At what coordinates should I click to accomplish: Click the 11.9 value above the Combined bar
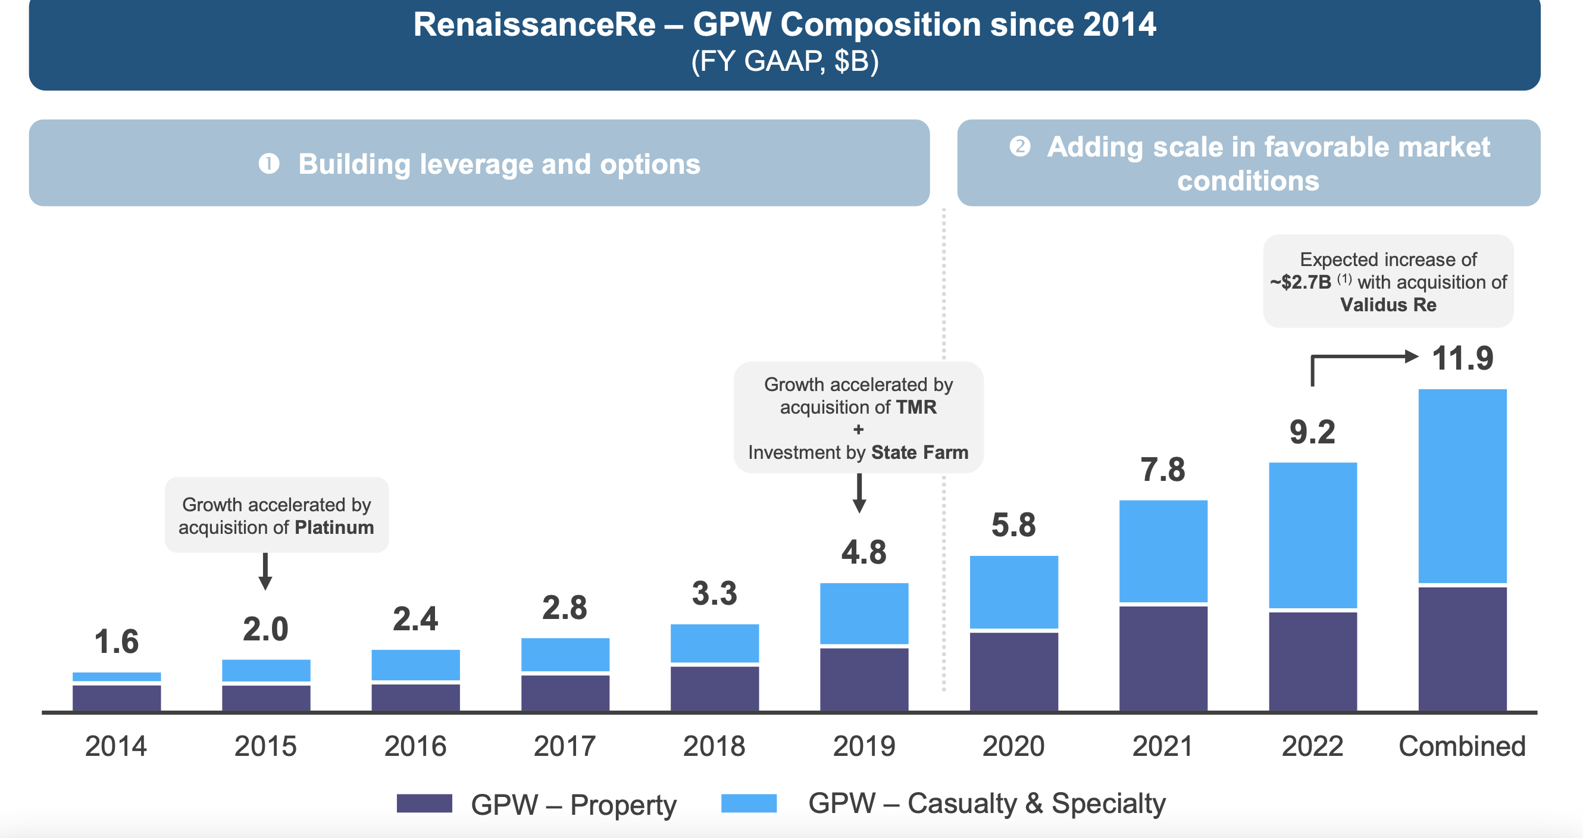pyautogui.click(x=1462, y=358)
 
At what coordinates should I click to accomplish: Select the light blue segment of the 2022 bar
pyautogui.click(x=1313, y=534)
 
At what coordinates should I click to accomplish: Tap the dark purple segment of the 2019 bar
pyautogui.click(x=864, y=679)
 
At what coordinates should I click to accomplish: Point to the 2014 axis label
pyautogui.click(x=115, y=746)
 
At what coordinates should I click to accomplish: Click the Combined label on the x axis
pyautogui.click(x=1462, y=746)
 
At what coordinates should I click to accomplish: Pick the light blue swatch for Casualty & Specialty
pyautogui.click(x=749, y=803)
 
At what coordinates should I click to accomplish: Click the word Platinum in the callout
pyautogui.click(x=334, y=527)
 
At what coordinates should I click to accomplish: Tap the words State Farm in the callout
pyautogui.click(x=919, y=452)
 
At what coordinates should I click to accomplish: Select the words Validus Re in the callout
pyautogui.click(x=1388, y=305)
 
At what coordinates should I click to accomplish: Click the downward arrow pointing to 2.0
pyautogui.click(x=265, y=571)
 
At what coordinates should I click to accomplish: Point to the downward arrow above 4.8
pyautogui.click(x=859, y=493)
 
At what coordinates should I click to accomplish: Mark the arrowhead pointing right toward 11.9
pyautogui.click(x=1411, y=356)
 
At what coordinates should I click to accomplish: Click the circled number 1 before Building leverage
pyautogui.click(x=269, y=164)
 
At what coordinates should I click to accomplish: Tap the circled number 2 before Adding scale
pyautogui.click(x=1019, y=146)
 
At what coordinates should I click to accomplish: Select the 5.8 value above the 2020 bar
pyautogui.click(x=1013, y=525)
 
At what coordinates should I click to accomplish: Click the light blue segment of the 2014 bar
pyautogui.click(x=117, y=677)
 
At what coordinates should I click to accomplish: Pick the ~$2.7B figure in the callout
pyautogui.click(x=1300, y=282)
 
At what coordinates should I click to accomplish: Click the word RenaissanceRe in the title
pyautogui.click(x=534, y=24)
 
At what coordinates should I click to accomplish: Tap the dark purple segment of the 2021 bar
pyautogui.click(x=1163, y=658)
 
